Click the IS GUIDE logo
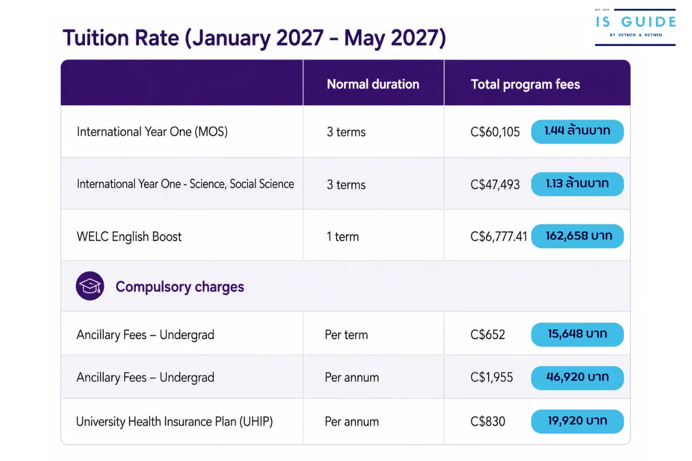click(x=635, y=27)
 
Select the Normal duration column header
click(x=373, y=84)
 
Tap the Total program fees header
click(x=525, y=85)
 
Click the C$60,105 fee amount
click(x=495, y=132)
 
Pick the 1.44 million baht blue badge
click(x=577, y=132)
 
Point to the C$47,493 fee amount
click(x=495, y=184)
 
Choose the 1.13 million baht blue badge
click(x=577, y=184)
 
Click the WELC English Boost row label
click(x=129, y=237)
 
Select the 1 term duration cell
click(x=343, y=237)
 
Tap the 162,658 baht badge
click(x=577, y=236)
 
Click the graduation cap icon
click(x=90, y=286)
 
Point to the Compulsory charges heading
click(x=180, y=287)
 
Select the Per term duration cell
click(x=346, y=335)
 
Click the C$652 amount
click(x=487, y=335)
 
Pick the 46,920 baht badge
click(x=577, y=377)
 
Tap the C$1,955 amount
click(x=492, y=377)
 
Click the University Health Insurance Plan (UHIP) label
click(x=174, y=422)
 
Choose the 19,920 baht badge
click(x=577, y=421)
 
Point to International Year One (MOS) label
click(x=152, y=132)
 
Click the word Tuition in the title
click(x=96, y=38)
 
